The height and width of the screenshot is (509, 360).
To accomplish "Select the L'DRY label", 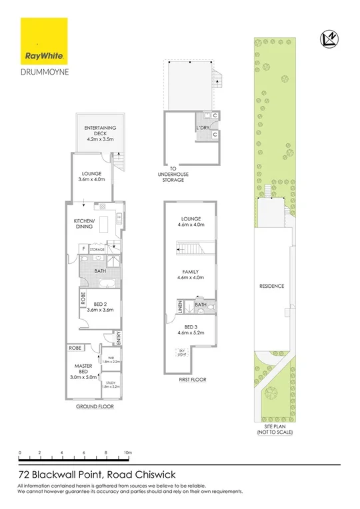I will coord(202,127).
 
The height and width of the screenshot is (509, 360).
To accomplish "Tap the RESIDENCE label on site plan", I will coord(272,286).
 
